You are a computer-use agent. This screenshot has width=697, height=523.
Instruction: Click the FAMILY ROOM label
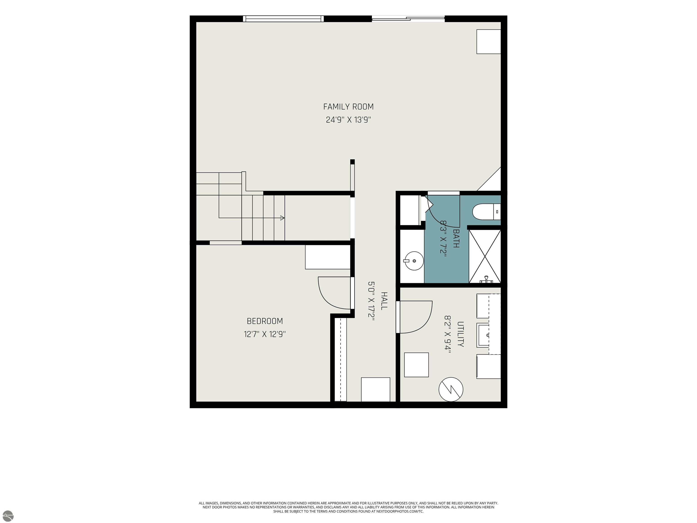(x=348, y=107)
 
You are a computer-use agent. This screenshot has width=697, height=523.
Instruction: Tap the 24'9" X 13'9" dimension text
(x=348, y=120)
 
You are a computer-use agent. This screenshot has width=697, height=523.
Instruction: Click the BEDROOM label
(x=265, y=321)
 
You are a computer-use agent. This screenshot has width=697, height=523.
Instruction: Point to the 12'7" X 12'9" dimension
(x=265, y=334)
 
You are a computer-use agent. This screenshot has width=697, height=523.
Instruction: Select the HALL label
(x=384, y=301)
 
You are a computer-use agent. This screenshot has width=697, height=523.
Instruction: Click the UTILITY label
(x=460, y=334)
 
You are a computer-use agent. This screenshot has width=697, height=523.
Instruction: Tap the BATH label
(x=456, y=238)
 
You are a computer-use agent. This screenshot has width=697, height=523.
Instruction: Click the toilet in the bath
(x=487, y=211)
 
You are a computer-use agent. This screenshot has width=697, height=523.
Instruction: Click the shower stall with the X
(x=485, y=256)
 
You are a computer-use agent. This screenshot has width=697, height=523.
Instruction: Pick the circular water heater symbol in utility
(x=451, y=389)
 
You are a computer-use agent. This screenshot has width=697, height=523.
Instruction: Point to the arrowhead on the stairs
(x=282, y=218)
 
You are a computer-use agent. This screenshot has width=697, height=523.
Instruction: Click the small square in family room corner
(x=488, y=42)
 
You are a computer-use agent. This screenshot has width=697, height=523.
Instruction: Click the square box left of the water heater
(x=416, y=365)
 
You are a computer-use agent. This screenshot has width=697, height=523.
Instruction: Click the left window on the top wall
(x=283, y=19)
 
